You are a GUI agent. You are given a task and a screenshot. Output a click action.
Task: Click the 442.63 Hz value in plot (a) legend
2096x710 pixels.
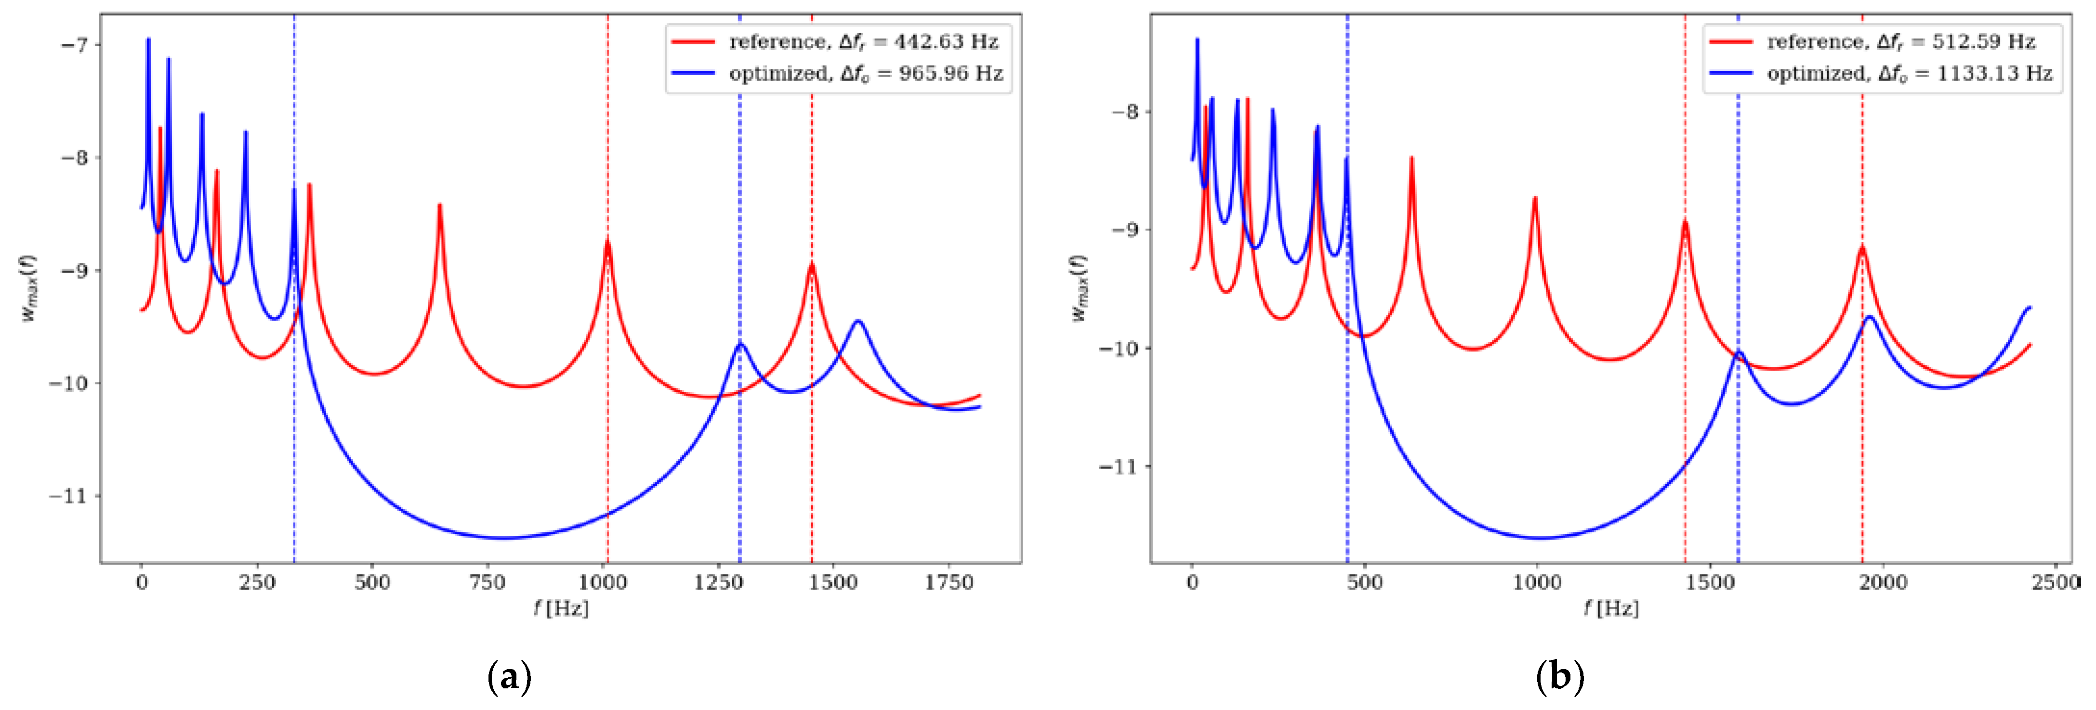[x=946, y=41]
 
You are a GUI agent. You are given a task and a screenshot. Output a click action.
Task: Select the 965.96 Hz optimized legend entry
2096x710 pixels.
[x=865, y=73]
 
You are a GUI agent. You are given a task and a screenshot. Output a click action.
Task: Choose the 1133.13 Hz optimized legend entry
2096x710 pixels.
[x=1909, y=73]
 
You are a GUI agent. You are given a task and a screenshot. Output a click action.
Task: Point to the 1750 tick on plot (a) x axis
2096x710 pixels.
[x=949, y=582]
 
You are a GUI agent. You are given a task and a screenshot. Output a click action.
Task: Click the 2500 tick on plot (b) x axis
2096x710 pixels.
[x=2056, y=582]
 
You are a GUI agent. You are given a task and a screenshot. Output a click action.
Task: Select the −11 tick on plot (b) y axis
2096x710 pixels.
[x=1118, y=467]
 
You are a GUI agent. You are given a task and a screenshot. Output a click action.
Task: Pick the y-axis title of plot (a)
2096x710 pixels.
[x=28, y=289]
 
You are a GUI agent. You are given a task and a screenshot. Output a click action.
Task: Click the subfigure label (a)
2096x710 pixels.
[x=509, y=677]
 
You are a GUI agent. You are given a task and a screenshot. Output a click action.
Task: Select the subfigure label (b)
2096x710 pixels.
[x=1560, y=677]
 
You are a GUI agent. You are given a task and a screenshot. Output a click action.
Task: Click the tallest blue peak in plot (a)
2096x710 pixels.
[x=148, y=39]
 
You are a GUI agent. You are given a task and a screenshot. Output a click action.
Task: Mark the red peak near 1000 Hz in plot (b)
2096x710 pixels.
[x=1535, y=198]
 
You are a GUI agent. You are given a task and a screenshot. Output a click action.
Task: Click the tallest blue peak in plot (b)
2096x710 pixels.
[x=1197, y=39]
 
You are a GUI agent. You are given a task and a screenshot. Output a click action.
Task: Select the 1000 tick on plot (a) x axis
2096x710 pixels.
[x=603, y=582]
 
